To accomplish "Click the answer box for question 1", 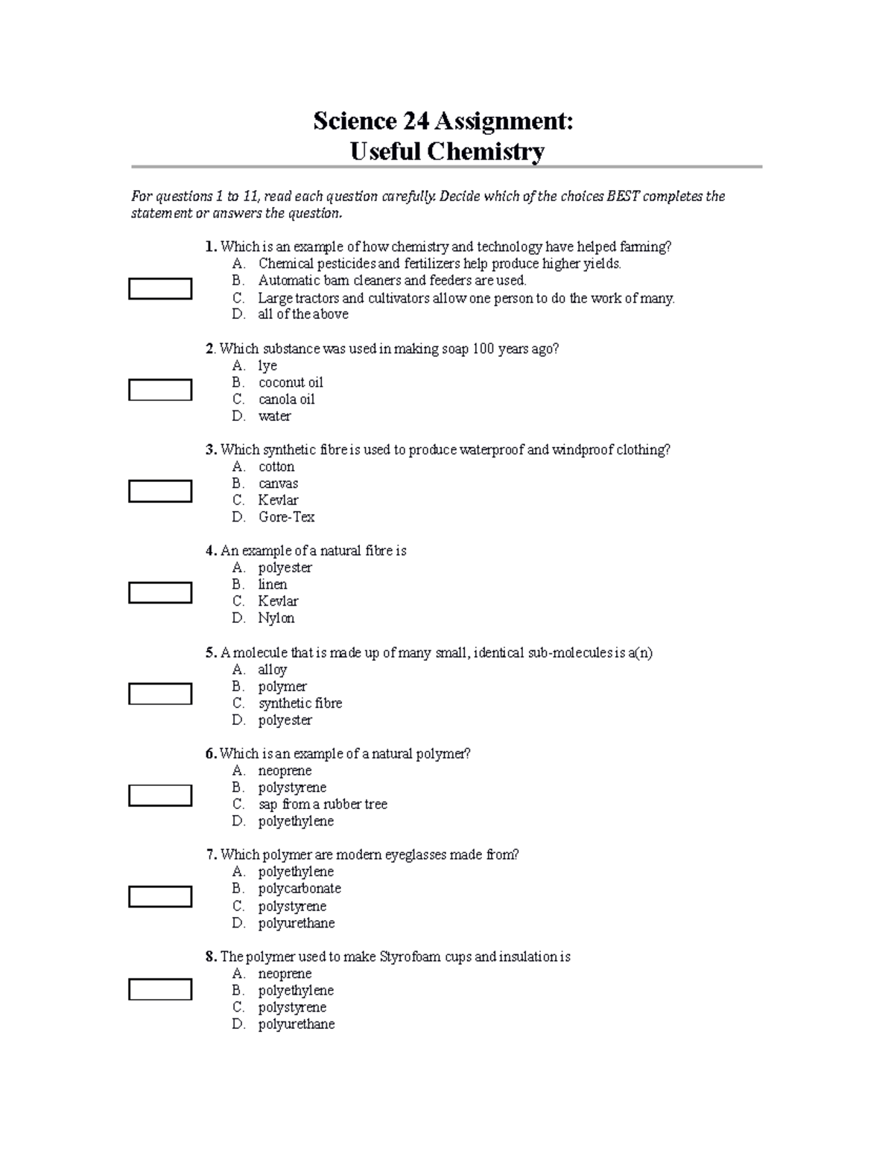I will click(x=160, y=288).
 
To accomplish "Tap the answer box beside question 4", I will click(x=160, y=592).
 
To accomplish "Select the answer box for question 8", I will click(x=160, y=989).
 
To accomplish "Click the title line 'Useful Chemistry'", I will click(x=447, y=152).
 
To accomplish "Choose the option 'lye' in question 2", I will click(x=267, y=366).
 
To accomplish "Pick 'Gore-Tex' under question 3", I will click(x=286, y=517).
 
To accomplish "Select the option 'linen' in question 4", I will click(x=273, y=585).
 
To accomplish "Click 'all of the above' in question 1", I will click(x=303, y=314).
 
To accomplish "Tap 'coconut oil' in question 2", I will click(x=291, y=382).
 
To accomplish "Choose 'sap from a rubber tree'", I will click(x=323, y=805).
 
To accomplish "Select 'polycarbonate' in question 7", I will click(x=299, y=889).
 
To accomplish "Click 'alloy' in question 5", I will click(x=273, y=670).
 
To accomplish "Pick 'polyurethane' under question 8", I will click(x=297, y=1024).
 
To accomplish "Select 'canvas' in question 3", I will click(x=278, y=484).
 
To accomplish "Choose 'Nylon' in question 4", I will click(x=276, y=618).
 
